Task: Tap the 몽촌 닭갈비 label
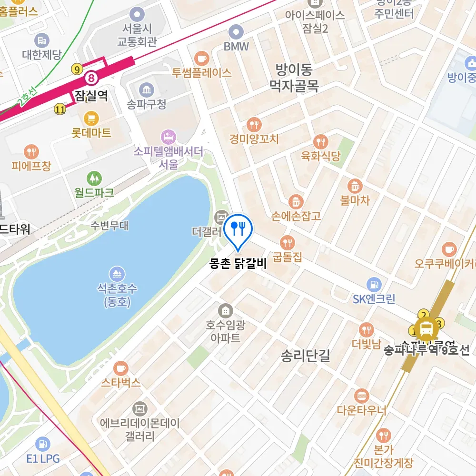point(238,264)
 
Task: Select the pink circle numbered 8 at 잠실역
point(91,77)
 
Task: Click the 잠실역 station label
point(91,97)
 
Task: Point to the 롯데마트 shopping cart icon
point(91,117)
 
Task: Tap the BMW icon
point(236,32)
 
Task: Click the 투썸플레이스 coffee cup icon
point(202,59)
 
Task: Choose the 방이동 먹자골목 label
point(294,78)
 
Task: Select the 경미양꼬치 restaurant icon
point(254,125)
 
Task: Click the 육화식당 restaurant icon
point(321,142)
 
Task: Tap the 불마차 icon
point(355,186)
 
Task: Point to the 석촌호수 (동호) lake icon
point(117,274)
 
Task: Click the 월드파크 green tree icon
point(94,179)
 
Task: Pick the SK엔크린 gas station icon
point(374,285)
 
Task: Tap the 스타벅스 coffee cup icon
point(121,368)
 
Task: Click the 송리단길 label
point(305,356)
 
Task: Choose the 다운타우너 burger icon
point(362,396)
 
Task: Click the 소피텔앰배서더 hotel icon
point(168,137)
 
